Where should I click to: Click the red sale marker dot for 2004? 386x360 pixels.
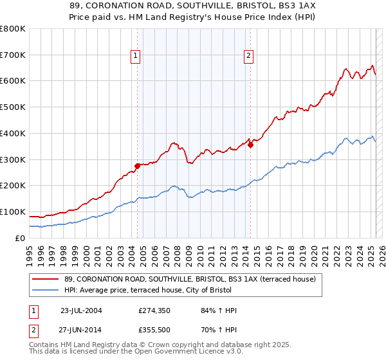(137, 166)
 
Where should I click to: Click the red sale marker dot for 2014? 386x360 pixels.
(250, 145)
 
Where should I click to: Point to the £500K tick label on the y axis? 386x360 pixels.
(13, 107)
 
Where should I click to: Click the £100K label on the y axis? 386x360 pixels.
(13, 212)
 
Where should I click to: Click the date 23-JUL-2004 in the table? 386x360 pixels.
(81, 310)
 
